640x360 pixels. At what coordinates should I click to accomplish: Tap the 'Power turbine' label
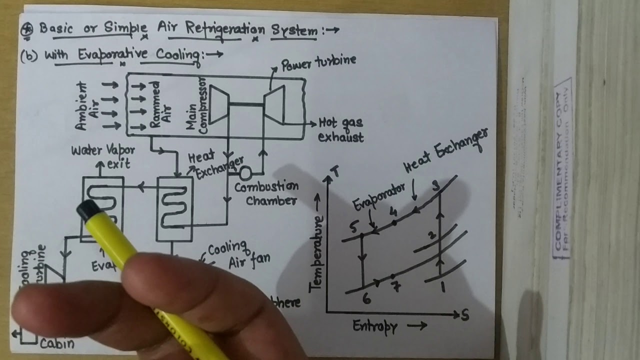318,62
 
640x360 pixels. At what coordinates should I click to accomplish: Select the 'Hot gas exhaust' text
340,129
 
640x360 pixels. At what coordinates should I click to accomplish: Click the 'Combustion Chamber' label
266,193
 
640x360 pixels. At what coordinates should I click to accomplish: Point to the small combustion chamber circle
245,173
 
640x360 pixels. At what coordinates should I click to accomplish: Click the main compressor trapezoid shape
218,104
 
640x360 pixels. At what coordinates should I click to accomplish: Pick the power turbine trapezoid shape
274,103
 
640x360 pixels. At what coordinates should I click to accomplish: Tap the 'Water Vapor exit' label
102,156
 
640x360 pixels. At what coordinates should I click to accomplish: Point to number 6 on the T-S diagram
366,299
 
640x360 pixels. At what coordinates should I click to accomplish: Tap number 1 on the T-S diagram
441,287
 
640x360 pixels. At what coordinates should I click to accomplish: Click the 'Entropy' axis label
375,327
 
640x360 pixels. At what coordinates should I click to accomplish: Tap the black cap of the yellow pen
89,210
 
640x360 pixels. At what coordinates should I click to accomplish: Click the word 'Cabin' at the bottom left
57,343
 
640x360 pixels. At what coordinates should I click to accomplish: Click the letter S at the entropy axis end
464,315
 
